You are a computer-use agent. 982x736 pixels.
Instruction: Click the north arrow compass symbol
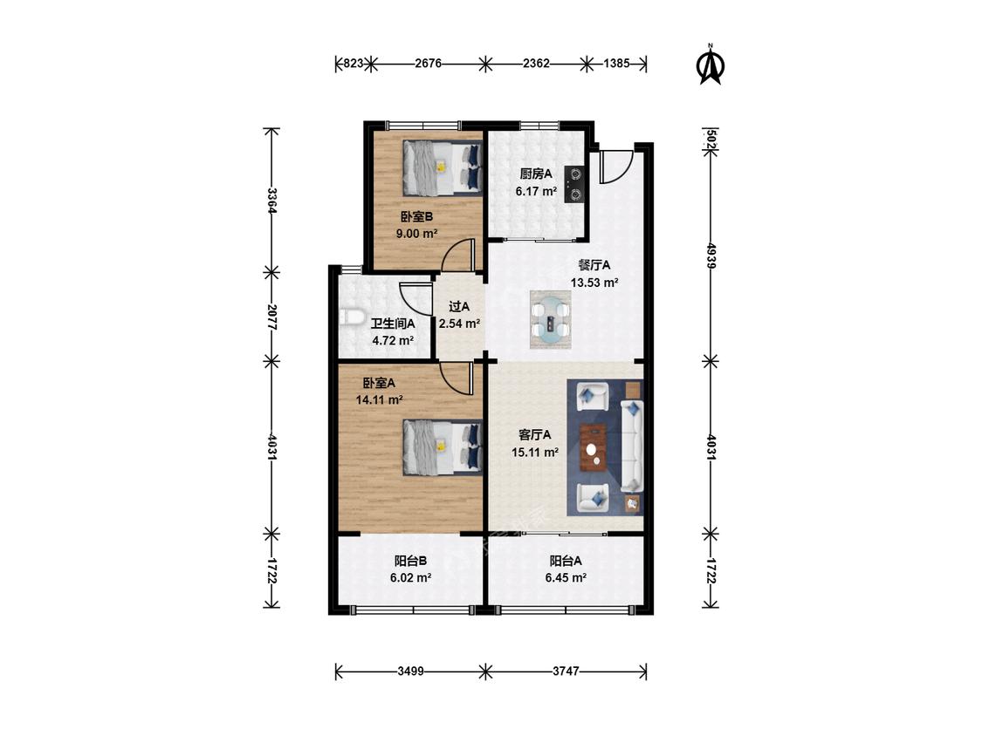711,64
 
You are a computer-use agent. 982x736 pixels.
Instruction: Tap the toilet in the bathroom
352,317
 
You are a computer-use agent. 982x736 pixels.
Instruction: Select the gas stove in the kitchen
574,185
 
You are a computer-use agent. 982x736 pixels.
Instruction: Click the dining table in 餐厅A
551,320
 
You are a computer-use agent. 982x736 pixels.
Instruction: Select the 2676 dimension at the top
429,63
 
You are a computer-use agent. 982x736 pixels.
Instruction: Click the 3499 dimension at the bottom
410,671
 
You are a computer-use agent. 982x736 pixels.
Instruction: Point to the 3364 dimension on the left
271,201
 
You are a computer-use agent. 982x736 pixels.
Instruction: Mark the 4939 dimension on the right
711,256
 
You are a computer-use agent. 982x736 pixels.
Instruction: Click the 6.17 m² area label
536,191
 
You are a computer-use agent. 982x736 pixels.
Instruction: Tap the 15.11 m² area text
535,452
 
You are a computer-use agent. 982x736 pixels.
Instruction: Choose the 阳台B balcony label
410,561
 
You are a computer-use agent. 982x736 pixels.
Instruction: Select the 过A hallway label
459,307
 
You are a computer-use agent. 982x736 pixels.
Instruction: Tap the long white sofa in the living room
632,446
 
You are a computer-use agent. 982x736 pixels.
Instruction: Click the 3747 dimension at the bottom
566,671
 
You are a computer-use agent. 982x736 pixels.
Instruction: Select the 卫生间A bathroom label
393,324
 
